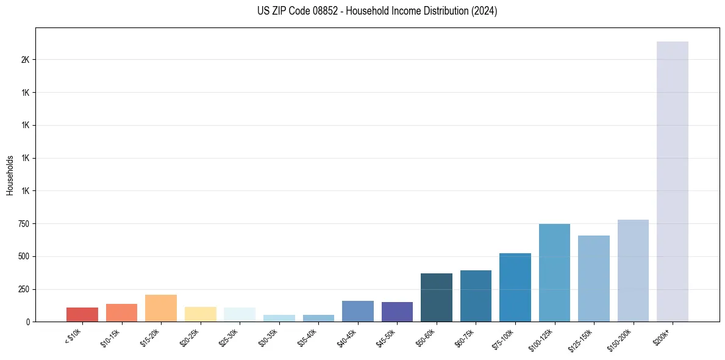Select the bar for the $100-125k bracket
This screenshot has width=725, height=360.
tap(554, 273)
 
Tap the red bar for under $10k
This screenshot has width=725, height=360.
tap(82, 314)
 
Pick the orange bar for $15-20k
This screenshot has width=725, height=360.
tap(161, 308)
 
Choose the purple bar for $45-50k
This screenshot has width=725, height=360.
tap(397, 312)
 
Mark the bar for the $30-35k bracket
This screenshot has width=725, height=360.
tap(279, 318)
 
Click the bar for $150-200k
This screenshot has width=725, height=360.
tap(633, 270)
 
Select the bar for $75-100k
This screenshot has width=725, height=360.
tap(515, 287)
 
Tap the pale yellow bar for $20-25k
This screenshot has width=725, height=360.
tap(201, 314)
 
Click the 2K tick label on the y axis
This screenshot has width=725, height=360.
tap(25, 60)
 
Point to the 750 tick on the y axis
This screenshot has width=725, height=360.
tap(24, 224)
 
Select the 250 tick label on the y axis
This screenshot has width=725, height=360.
tap(24, 289)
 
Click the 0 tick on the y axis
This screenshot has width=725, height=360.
tap(28, 322)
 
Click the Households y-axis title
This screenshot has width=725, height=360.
tap(10, 175)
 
